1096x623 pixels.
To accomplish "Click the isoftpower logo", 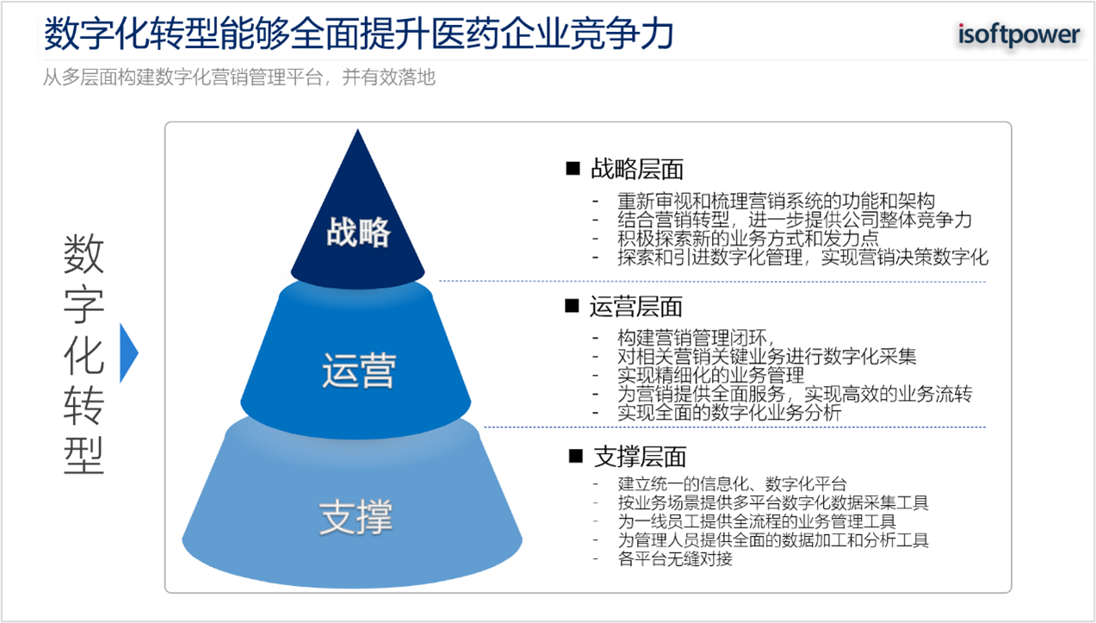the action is click(1019, 35).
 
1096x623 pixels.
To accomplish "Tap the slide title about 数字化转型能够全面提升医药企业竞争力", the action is click(359, 34).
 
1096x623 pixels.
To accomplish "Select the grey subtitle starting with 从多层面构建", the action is click(238, 78).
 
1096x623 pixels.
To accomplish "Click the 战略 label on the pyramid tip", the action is click(358, 232).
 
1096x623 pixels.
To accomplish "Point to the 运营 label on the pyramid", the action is click(359, 371).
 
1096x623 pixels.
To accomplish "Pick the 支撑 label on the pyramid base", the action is click(356, 517).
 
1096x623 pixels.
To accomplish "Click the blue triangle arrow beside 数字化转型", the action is click(129, 352).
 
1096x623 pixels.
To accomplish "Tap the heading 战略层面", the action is click(637, 169).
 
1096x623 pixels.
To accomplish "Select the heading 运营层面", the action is click(635, 307).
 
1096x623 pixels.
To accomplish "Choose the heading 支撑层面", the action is click(640, 457).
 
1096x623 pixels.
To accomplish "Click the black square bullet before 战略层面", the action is click(573, 169).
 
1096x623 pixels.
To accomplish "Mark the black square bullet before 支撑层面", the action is click(576, 456).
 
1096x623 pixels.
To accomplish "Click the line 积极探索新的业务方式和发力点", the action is click(747, 239).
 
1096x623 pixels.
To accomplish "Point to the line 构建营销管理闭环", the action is click(696, 338).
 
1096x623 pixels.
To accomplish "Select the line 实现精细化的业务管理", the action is click(710, 375).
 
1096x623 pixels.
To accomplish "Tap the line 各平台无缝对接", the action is click(675, 558).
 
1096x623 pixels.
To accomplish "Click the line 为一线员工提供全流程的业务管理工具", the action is click(757, 521).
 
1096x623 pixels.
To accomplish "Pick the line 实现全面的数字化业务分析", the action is click(729, 413).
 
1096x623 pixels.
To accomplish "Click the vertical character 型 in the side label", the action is click(84, 455).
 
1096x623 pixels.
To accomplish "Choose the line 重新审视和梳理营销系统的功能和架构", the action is click(776, 202).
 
